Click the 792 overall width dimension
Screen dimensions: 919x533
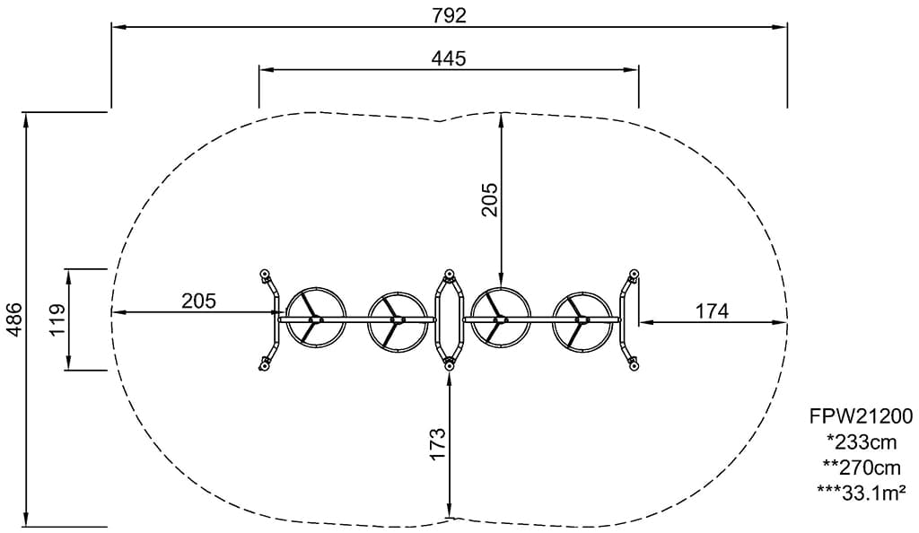pyautogui.click(x=450, y=15)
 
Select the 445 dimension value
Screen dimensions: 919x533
pyautogui.click(x=449, y=58)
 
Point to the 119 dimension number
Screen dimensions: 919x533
pyautogui.click(x=57, y=319)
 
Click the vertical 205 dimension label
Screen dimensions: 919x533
pyautogui.click(x=490, y=200)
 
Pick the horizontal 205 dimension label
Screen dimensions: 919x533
pyautogui.click(x=198, y=301)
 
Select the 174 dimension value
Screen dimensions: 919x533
pyautogui.click(x=712, y=311)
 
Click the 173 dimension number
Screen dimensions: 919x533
pyautogui.click(x=438, y=444)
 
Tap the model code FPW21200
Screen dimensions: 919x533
pyautogui.click(x=861, y=415)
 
